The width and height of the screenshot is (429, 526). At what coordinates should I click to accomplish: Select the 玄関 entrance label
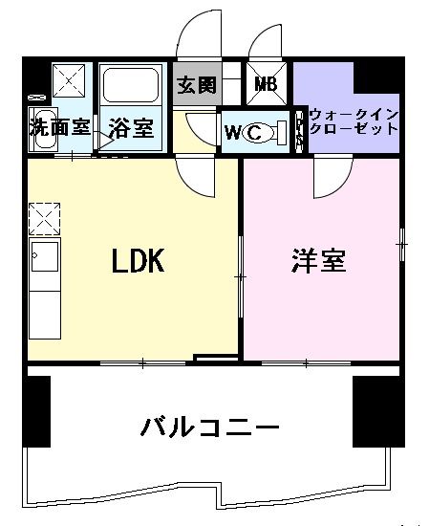click(x=196, y=85)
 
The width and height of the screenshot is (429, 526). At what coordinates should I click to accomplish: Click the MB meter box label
click(x=266, y=84)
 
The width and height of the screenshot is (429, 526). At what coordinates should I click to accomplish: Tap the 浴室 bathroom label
click(x=130, y=125)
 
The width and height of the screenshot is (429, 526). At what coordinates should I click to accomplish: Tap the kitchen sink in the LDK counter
click(x=44, y=258)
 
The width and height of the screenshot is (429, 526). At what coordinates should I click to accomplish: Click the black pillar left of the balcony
click(x=36, y=411)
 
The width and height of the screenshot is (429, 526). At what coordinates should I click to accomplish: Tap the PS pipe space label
click(x=299, y=130)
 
